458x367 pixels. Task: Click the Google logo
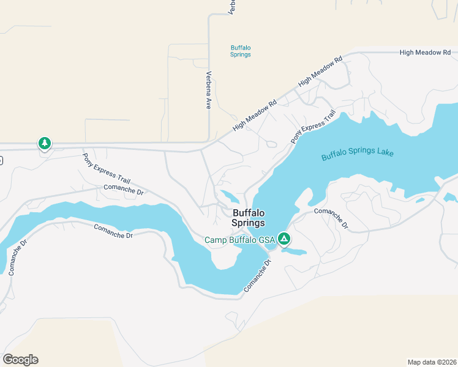pyautogui.click(x=20, y=359)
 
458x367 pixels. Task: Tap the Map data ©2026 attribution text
pyautogui.click(x=432, y=361)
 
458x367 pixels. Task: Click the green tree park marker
pyautogui.click(x=44, y=143)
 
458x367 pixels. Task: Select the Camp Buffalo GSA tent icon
pyautogui.click(x=283, y=238)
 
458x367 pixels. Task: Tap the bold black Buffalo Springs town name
pyautogui.click(x=249, y=218)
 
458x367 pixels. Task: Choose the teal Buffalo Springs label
pyautogui.click(x=241, y=51)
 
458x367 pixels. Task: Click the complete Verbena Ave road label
pyautogui.click(x=209, y=91)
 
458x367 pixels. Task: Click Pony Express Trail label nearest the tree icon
pyautogui.click(x=107, y=168)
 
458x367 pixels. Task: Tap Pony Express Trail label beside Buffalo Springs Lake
pyautogui.click(x=313, y=127)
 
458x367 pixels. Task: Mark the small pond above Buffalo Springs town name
pyautogui.click(x=230, y=197)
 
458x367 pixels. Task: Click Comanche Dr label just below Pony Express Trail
pyautogui.click(x=123, y=190)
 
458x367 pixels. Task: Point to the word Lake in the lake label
pyautogui.click(x=385, y=152)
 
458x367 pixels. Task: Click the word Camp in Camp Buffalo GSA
pyautogui.click(x=216, y=240)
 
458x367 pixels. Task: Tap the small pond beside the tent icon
pyautogui.click(x=295, y=251)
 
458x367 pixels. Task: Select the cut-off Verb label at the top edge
pyautogui.click(x=231, y=7)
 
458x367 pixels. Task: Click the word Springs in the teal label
pyautogui.click(x=241, y=54)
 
